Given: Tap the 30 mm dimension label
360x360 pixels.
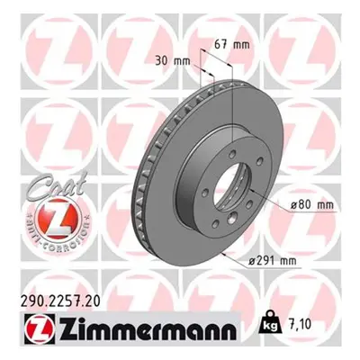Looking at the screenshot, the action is click(173, 61).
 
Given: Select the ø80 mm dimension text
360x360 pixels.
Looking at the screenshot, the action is click(311, 204).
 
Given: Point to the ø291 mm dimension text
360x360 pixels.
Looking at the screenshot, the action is click(273, 261).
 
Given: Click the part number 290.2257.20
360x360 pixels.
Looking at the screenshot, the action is click(60, 301).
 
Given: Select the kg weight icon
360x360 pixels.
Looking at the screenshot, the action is click(271, 324).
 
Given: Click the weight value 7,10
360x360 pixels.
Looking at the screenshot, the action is click(301, 324).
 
